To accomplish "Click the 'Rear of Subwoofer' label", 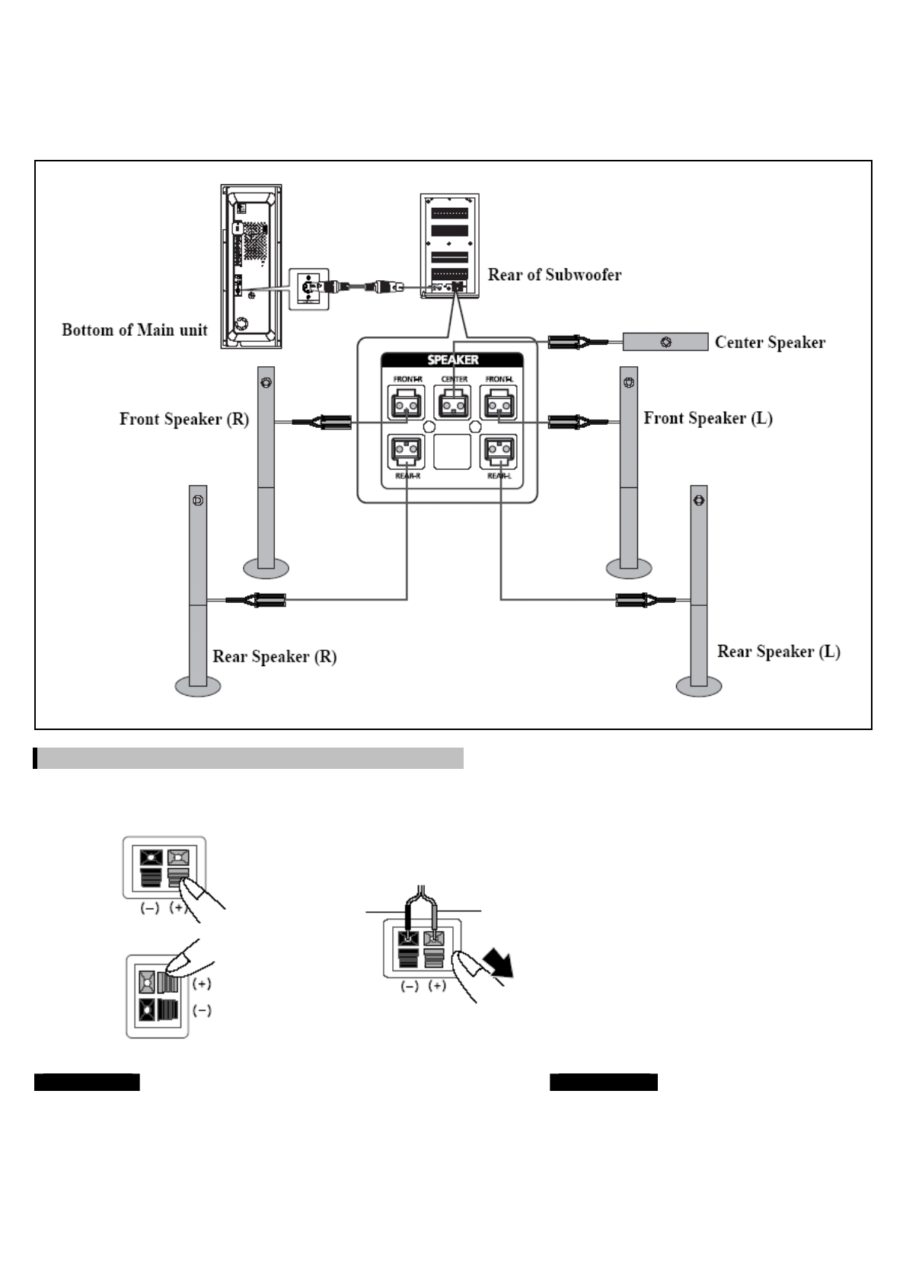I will point(554,275).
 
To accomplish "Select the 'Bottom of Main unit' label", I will point(135,330).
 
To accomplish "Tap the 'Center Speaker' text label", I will point(770,343).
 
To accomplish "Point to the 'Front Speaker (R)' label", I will point(184,419).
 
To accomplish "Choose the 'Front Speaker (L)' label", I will point(708,419).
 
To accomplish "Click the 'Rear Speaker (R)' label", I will point(274,657).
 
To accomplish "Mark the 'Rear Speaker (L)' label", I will point(779,652).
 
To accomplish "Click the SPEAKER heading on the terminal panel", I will point(453,360).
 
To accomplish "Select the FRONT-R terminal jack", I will point(407,403).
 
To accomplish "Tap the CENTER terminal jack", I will point(453,403).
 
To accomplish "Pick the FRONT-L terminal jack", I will point(499,403).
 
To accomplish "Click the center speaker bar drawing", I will point(665,342).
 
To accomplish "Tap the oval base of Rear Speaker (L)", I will point(698,687).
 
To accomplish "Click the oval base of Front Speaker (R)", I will point(266,568).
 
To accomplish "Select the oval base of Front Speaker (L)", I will point(629,568).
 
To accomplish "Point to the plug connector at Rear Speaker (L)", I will point(636,601).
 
